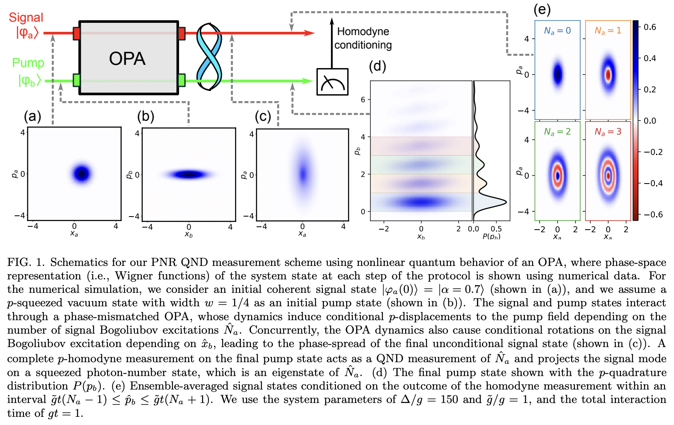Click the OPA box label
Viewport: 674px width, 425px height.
127,59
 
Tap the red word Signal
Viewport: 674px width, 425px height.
26,18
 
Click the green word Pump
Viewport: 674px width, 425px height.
28,62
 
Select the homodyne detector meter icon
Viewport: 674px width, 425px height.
332,82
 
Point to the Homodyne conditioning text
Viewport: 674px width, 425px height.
363,38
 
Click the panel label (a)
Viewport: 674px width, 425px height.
32,117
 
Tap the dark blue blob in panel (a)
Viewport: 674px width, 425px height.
82,173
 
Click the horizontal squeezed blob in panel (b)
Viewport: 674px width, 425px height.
188,175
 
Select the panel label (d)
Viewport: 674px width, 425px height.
377,66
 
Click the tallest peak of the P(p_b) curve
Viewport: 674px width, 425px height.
505,202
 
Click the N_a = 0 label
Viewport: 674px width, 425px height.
557,31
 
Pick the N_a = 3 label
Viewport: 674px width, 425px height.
607,132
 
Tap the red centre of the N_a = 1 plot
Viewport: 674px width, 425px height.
608,75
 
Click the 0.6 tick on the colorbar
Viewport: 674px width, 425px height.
650,27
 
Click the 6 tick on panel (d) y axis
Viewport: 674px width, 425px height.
363,100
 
